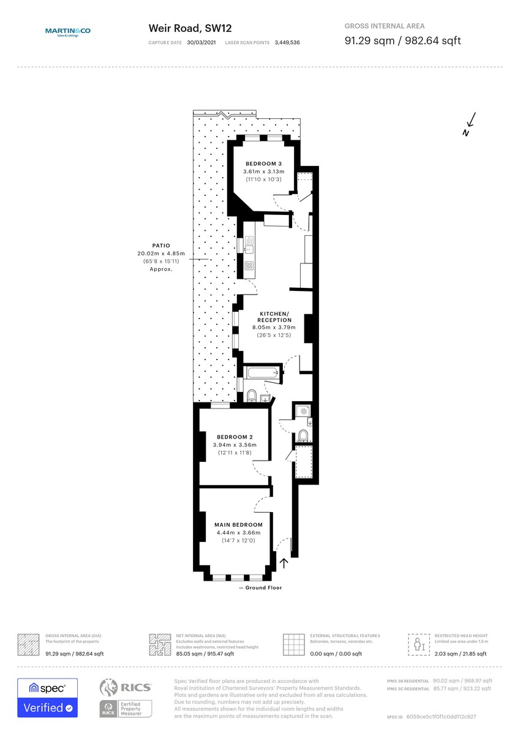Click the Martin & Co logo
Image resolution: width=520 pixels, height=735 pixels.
click(67, 33)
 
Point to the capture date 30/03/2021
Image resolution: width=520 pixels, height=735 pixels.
click(202, 43)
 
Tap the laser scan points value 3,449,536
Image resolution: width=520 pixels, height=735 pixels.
click(287, 43)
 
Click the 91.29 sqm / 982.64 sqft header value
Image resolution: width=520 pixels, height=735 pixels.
click(402, 41)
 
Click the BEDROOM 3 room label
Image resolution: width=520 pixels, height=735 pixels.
click(263, 164)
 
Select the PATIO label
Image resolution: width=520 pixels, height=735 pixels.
click(161, 246)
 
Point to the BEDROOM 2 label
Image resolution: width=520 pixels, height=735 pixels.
click(235, 437)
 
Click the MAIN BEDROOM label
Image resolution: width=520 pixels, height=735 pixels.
click(238, 524)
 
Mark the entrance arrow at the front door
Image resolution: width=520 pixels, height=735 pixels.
click(284, 562)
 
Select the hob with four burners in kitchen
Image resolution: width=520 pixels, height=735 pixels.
click(249, 266)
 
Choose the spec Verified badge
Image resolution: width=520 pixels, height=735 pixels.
click(47, 698)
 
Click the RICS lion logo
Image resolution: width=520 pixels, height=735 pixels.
click(109, 688)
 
